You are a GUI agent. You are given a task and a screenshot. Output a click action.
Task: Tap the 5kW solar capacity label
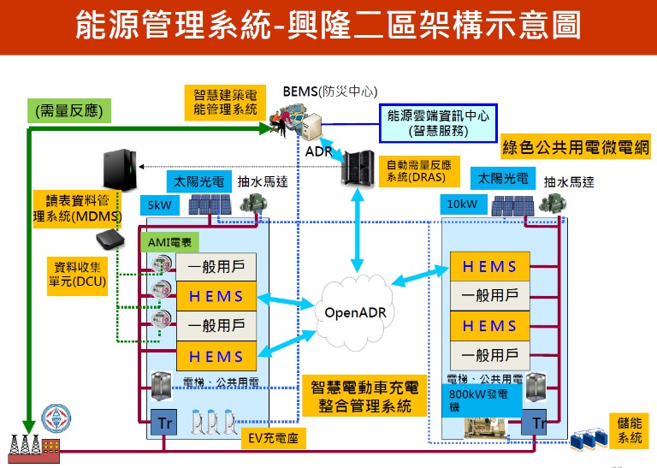[159, 205]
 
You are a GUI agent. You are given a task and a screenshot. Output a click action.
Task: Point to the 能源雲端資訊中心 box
[437, 123]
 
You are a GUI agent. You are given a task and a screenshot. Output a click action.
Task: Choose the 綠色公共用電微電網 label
[576, 147]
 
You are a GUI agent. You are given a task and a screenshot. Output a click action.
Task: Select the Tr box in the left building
[163, 421]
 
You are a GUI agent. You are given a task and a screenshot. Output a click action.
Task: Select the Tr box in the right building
[538, 423]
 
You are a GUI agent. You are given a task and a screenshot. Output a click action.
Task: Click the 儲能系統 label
[629, 429]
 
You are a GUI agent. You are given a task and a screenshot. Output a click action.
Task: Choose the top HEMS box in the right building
[489, 266]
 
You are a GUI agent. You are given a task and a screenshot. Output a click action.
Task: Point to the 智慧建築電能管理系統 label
[225, 101]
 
